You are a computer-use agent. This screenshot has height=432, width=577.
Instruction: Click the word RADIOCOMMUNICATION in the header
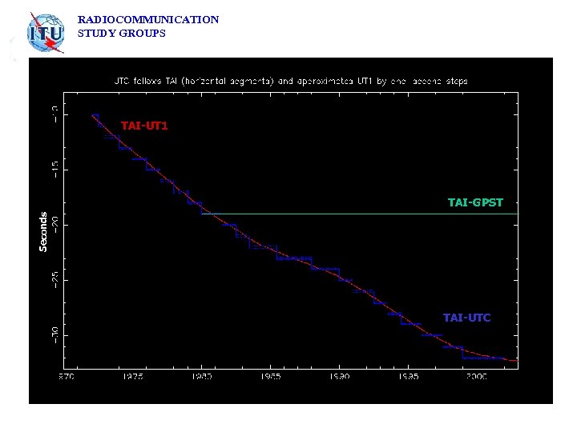(x=148, y=19)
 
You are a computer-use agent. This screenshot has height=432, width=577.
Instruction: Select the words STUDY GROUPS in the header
(x=121, y=34)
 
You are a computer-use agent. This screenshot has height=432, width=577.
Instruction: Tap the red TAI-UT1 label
(x=144, y=126)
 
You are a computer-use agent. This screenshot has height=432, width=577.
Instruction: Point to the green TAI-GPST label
(x=475, y=202)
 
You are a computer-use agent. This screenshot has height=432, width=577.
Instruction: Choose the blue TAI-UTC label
(x=466, y=318)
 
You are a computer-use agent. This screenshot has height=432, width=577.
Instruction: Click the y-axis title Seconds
(x=43, y=231)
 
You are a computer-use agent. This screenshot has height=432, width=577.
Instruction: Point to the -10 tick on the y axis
(x=54, y=114)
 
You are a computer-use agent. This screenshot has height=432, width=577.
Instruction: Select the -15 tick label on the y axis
(x=54, y=169)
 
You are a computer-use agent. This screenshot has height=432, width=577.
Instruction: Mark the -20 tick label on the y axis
(x=54, y=225)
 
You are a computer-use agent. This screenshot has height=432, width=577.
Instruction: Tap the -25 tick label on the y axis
(x=54, y=280)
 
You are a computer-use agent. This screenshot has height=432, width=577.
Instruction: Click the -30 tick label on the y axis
(x=54, y=335)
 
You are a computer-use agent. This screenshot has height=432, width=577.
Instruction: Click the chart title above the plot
(x=289, y=81)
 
